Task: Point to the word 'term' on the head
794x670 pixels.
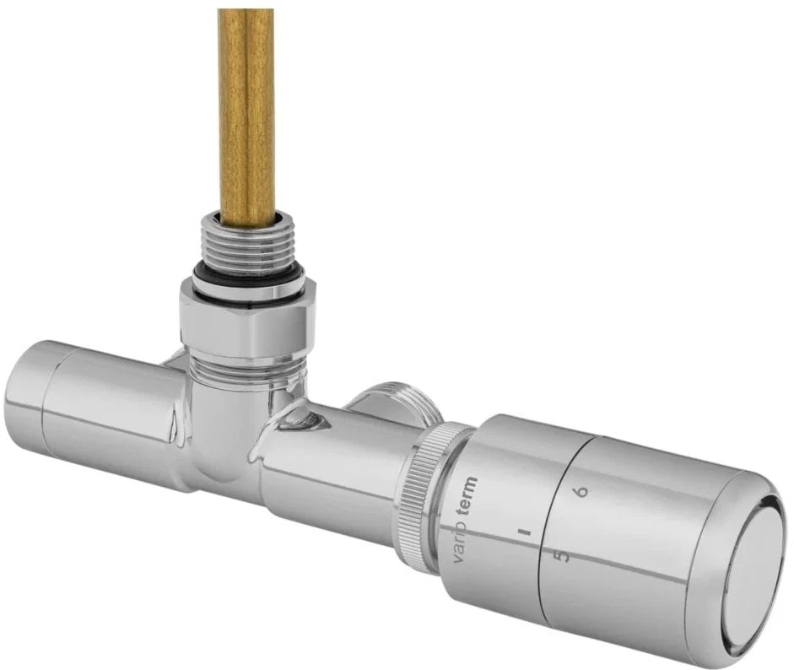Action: pyautogui.click(x=469, y=499)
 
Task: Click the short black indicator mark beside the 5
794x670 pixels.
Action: pyautogui.click(x=525, y=533)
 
